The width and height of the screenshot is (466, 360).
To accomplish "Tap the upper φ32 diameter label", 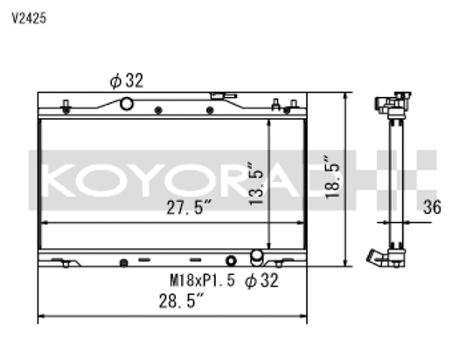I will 126,80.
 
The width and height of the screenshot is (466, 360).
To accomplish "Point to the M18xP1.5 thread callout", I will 203,280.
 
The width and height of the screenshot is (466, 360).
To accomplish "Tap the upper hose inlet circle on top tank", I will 126,104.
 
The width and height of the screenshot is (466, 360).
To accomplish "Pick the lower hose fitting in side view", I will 377,259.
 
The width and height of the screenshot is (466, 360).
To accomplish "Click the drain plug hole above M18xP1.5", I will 230,261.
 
